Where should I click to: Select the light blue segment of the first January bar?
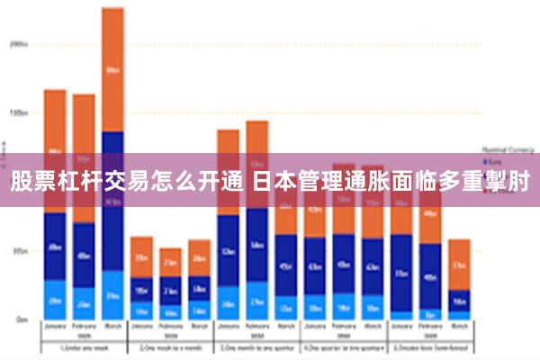point(55,299)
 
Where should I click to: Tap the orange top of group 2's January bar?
point(141,256)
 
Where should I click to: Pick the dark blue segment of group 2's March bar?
point(199,288)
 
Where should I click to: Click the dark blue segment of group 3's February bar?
point(256,245)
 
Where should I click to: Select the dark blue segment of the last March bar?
point(459,301)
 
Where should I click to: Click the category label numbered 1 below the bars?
point(83,347)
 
